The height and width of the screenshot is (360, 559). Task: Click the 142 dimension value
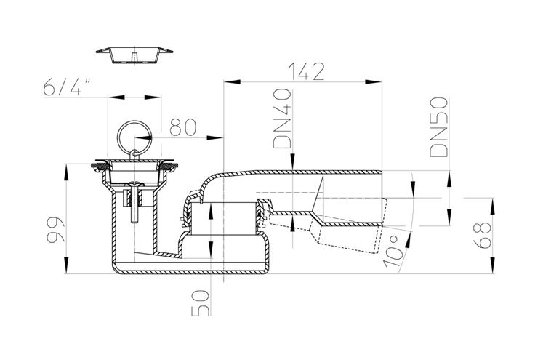coord(306,72)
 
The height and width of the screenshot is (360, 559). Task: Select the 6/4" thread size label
coord(67,87)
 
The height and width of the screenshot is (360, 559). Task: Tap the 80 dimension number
coord(182,127)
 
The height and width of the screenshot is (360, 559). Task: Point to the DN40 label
coord(282,119)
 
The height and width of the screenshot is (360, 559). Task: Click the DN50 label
coord(438,127)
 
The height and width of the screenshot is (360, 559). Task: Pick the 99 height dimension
coord(56,229)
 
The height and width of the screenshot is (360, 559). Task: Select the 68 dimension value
coord(482,235)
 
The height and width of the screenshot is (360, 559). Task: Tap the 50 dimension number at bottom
coord(201,303)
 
